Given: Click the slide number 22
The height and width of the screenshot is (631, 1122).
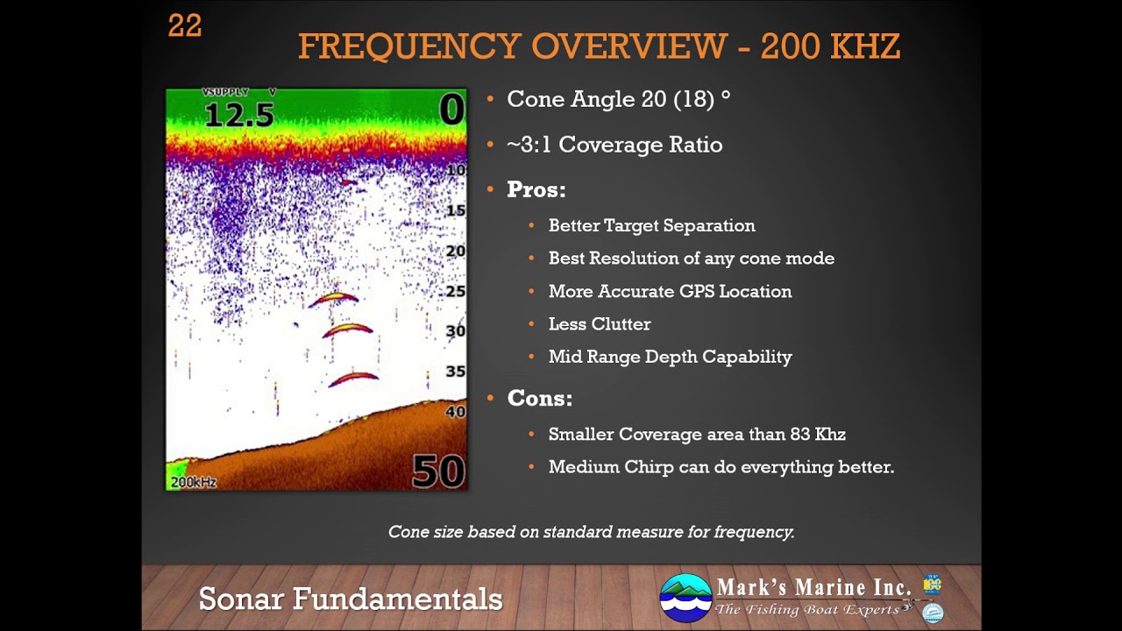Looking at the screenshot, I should pos(185,26).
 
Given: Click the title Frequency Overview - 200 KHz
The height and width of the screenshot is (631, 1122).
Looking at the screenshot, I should pos(599,46).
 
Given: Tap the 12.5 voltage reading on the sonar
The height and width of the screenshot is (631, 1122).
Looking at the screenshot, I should pos(238,115).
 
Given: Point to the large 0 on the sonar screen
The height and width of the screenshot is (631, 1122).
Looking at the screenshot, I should pos(451,111).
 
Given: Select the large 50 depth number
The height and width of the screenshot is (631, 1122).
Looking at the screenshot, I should pos(437,471).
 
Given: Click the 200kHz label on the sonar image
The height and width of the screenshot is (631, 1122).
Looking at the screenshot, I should pos(194,482).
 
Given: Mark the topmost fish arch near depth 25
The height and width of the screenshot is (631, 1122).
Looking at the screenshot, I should pos(334,299).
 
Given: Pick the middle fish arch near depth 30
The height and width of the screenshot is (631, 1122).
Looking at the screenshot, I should pos(348,330).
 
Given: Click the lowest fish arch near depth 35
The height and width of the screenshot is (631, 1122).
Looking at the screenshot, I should pos(353,379).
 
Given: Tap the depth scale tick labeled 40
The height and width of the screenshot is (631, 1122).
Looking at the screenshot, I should pos(456,411).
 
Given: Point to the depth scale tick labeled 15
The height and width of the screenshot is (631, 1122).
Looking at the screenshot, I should pos(456,210).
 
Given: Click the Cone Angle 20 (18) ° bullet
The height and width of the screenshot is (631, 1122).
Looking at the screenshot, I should pos(618,99).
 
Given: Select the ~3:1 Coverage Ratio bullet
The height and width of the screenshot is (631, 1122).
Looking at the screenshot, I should pos(614,145).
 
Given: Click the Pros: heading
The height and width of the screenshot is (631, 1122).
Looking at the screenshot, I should pos(536,190).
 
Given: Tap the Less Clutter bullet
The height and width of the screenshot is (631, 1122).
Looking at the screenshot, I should pos(600,324).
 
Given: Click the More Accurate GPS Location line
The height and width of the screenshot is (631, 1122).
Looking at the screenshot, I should pos(670,292).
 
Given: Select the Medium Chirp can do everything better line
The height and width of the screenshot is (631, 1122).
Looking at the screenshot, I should pos(721,467).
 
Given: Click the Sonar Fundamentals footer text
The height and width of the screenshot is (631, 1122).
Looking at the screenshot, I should pos(351,599).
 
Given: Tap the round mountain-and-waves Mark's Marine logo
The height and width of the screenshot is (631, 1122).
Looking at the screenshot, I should pos(685,598).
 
